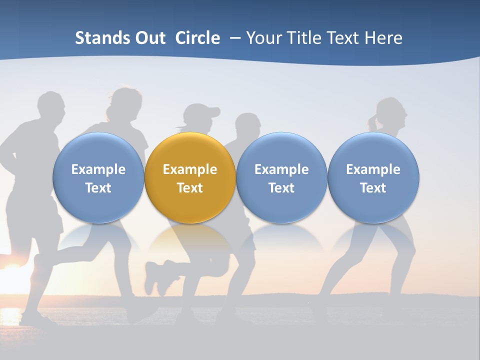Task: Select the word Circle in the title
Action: click(197, 38)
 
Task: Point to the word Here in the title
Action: click(382, 38)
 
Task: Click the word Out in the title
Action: click(150, 38)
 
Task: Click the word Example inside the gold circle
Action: click(190, 169)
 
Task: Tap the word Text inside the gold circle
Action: click(190, 188)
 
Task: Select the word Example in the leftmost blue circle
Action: click(98, 169)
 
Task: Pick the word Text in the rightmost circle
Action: click(373, 188)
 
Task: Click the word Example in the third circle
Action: click(281, 169)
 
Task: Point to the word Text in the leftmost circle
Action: click(98, 188)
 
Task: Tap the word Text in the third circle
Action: click(281, 188)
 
